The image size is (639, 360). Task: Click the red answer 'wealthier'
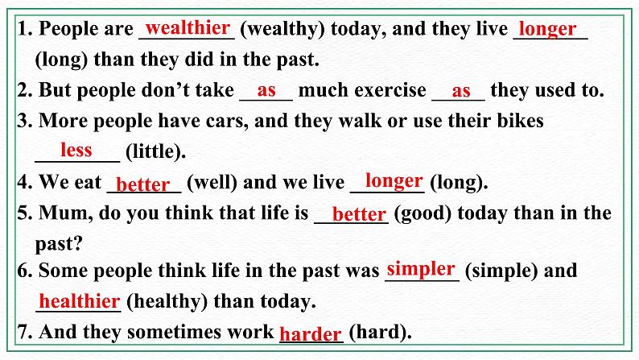tap(188, 28)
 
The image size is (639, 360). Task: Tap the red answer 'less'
tap(76, 150)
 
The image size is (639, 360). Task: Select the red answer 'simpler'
tap(421, 268)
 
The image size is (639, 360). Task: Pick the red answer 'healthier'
tap(80, 301)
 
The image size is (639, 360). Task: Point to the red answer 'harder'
tap(311, 333)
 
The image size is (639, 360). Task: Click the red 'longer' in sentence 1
tap(547, 30)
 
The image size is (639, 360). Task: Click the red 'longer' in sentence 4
tap(394, 180)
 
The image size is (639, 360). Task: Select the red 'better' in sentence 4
tap(143, 184)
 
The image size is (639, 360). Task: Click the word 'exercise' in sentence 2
tap(391, 90)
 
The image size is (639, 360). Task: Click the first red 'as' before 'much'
tap(266, 89)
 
